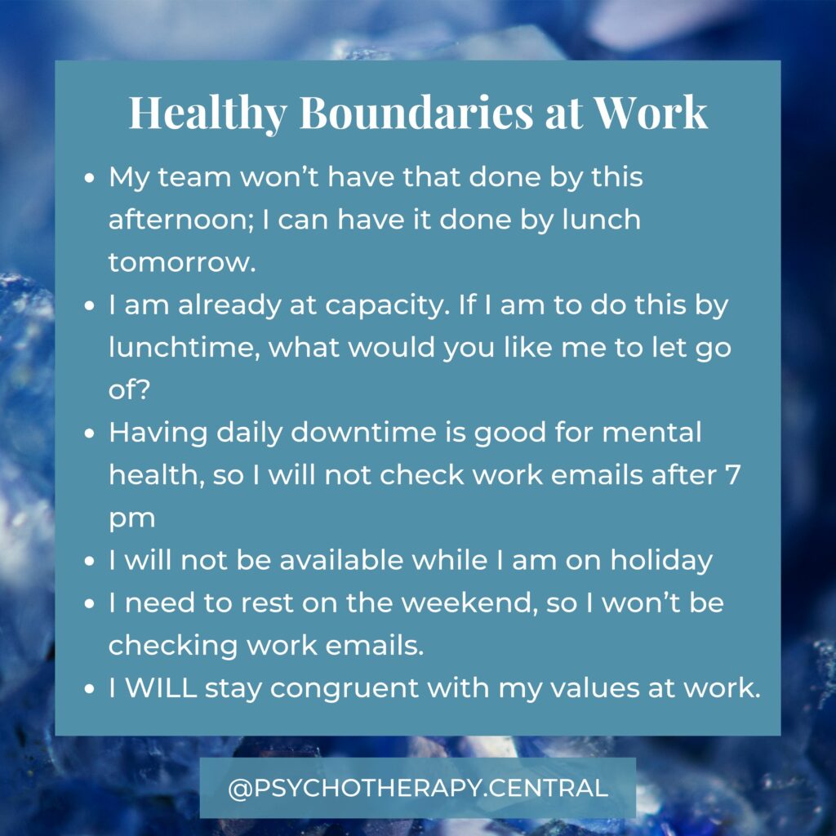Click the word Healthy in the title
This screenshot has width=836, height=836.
208,113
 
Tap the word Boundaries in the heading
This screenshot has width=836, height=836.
416,112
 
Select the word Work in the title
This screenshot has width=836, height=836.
651,112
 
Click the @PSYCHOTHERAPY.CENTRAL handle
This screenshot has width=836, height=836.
418,788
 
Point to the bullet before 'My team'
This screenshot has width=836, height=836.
89,177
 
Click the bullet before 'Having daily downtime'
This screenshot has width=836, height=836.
89,433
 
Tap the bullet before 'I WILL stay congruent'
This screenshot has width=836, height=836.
89,688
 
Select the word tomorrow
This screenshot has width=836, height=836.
182,262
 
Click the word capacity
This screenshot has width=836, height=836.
388,306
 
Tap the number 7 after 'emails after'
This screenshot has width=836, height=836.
734,475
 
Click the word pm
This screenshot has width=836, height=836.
131,519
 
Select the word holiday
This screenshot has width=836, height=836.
661,561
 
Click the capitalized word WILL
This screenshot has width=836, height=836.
161,687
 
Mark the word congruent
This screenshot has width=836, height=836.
345,689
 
